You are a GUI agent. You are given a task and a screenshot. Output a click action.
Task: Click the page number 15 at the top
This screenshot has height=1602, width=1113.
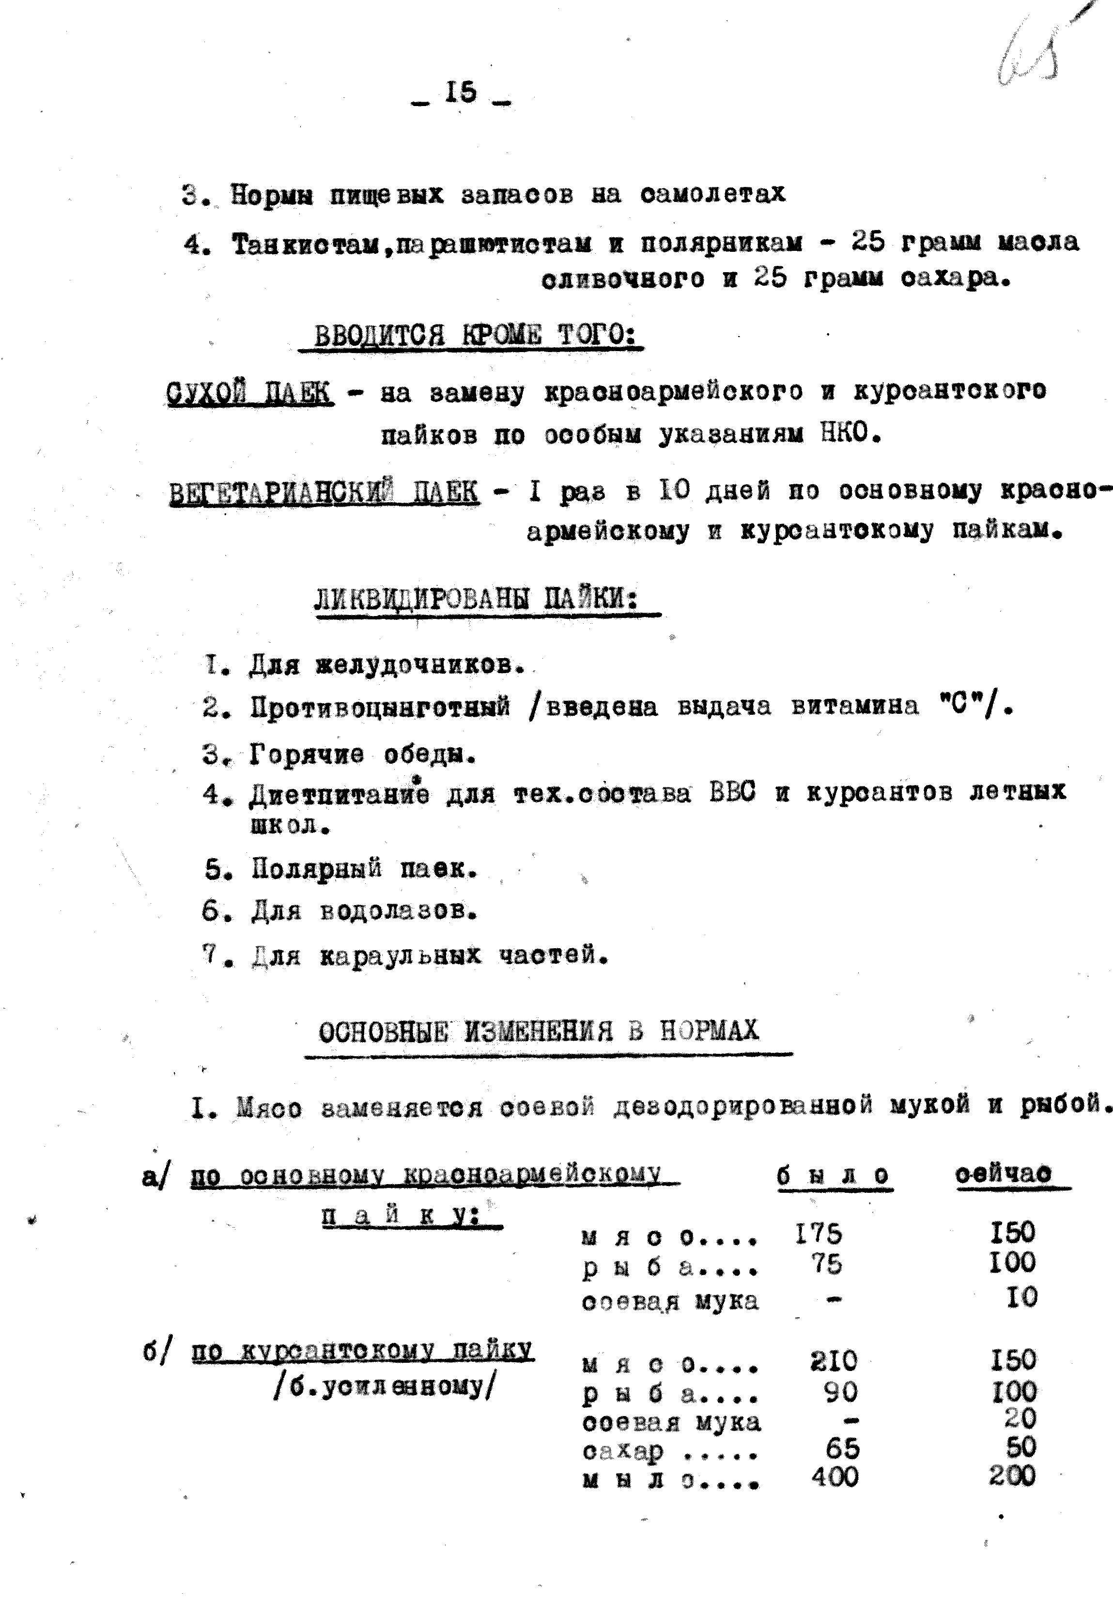click(460, 92)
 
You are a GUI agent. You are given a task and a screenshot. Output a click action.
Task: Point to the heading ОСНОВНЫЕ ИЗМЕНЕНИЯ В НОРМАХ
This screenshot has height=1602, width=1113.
click(539, 1031)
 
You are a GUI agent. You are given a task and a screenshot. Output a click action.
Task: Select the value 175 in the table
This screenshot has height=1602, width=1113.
click(818, 1234)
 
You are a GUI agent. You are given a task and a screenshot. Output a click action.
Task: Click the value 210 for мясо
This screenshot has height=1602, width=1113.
click(834, 1361)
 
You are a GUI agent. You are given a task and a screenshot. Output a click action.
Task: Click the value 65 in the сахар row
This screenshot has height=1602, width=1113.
click(842, 1448)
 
